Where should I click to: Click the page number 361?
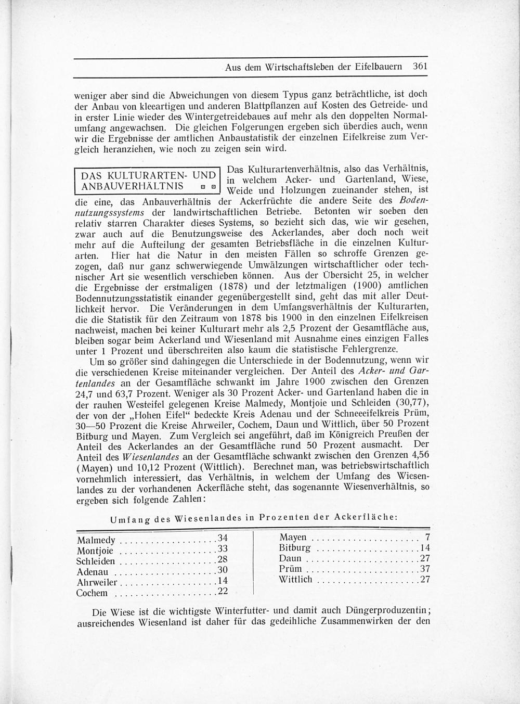click(419, 67)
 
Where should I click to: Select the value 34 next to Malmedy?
click(223, 538)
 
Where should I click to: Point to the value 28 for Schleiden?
click(223, 560)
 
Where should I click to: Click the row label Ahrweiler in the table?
click(97, 582)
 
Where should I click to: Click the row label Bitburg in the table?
click(294, 548)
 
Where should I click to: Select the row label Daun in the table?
click(290, 558)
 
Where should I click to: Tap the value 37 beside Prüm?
click(425, 569)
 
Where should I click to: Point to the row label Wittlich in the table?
click(295, 579)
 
